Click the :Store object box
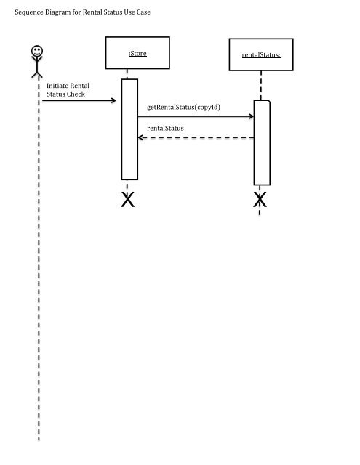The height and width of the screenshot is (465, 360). point(137,53)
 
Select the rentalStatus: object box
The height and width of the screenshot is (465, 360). point(260,55)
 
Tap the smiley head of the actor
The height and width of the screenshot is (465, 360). point(36,52)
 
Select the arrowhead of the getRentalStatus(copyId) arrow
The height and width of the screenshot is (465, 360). point(249,116)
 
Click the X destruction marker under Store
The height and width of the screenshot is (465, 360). point(129,200)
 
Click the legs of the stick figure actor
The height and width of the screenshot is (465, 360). point(36,73)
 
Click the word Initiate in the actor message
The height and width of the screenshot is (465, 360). point(57,86)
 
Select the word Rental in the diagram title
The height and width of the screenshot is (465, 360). point(94,12)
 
